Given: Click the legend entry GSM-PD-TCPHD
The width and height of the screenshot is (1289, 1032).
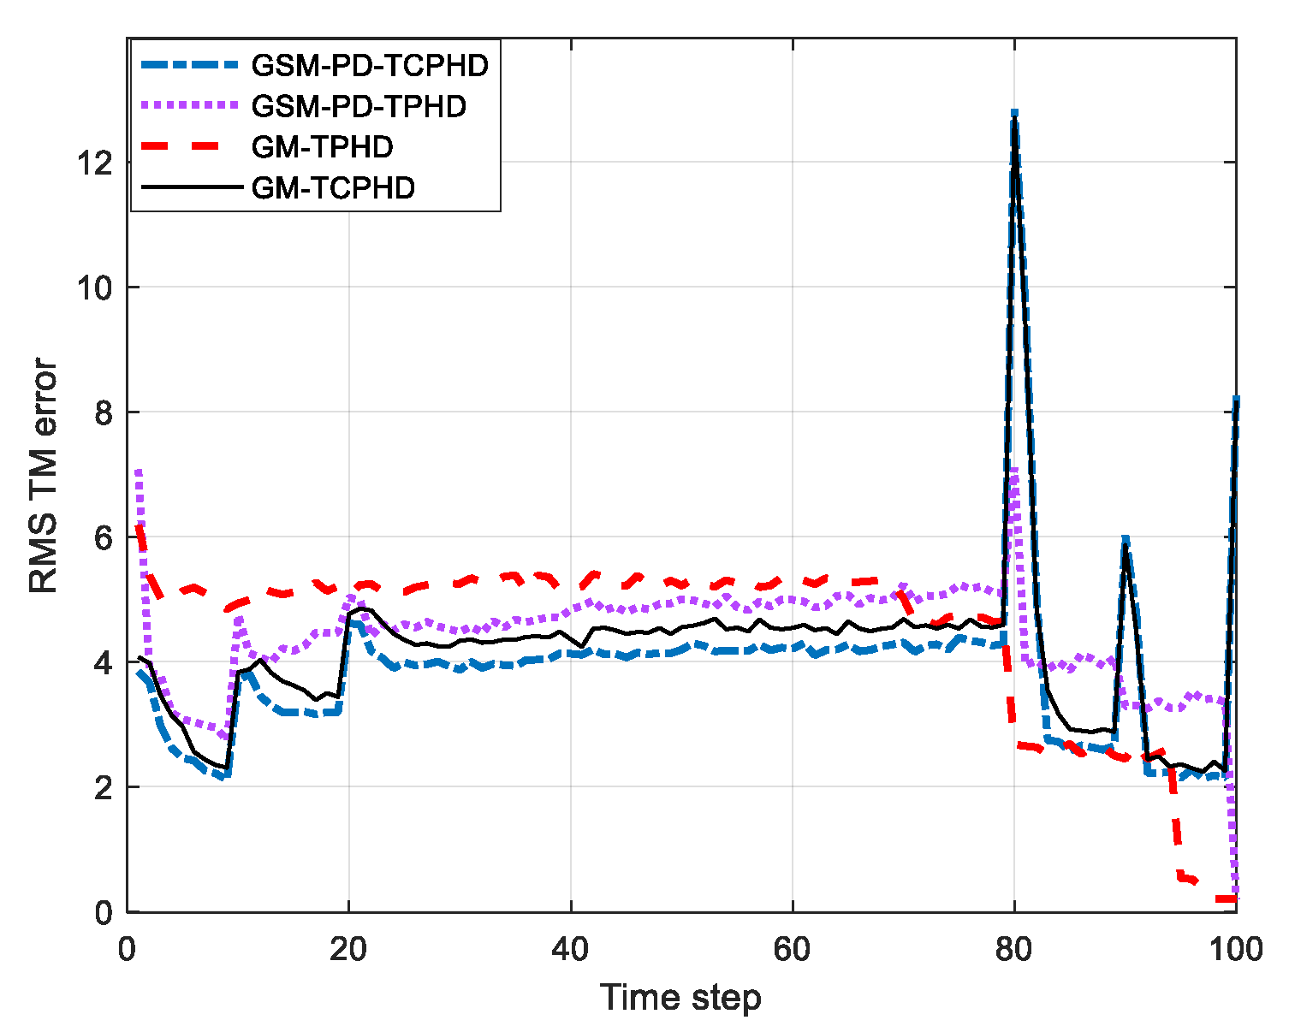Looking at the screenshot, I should click(370, 66).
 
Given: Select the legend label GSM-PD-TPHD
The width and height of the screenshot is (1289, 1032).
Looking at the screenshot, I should click(359, 106).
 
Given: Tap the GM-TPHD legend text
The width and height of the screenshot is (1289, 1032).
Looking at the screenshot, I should click(322, 147).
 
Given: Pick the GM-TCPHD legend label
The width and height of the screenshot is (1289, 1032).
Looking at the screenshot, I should click(333, 187).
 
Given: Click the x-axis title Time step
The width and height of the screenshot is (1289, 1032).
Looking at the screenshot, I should click(680, 998).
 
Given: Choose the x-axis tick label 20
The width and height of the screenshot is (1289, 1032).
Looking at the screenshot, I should click(348, 948).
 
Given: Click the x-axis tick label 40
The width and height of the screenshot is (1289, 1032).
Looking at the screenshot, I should click(570, 948).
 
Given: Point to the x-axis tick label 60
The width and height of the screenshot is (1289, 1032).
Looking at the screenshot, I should click(793, 948).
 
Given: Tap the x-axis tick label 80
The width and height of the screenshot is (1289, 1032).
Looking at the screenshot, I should click(1014, 948).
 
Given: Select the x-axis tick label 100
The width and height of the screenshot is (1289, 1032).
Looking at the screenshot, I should click(1233, 948).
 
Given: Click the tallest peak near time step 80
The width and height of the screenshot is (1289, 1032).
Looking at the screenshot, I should click(1014, 114).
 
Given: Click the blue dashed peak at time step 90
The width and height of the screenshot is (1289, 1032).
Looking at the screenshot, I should click(1126, 539).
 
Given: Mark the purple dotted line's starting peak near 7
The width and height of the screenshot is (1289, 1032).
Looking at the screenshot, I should click(139, 472).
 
